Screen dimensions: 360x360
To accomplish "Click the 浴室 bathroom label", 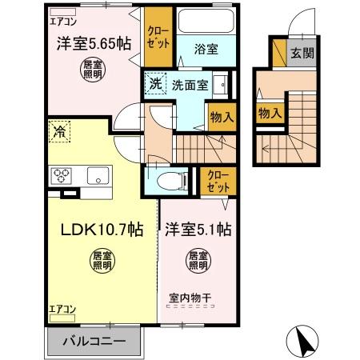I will tap(206, 49).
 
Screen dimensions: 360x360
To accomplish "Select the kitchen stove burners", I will tap(62, 174).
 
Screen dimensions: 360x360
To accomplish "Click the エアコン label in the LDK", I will tap(62, 307).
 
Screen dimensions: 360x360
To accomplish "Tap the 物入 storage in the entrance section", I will tap(268, 113).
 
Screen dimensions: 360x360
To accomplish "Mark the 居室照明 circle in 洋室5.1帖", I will tap(198, 259).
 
